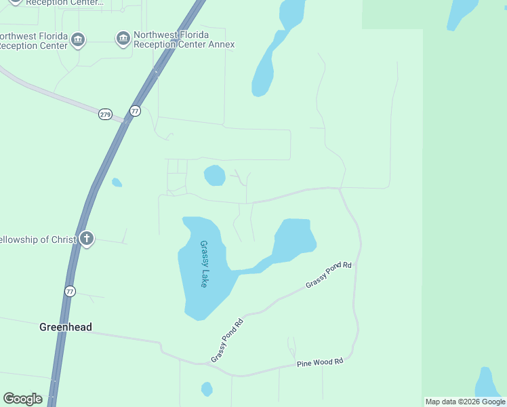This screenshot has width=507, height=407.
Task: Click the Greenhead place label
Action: click(x=65, y=327)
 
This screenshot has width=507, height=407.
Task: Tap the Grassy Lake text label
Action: click(x=203, y=264)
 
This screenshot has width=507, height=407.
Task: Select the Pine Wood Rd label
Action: click(x=320, y=363)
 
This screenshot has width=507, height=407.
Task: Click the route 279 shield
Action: click(x=105, y=114)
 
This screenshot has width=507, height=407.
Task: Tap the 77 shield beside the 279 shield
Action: click(x=135, y=111)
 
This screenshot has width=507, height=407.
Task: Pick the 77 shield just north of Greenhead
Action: click(x=70, y=291)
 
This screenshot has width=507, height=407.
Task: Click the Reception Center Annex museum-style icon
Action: click(x=123, y=39)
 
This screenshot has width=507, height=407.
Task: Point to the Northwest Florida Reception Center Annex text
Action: click(x=184, y=39)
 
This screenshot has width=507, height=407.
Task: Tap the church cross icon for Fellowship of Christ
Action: click(x=86, y=239)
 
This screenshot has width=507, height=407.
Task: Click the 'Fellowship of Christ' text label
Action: click(x=37, y=239)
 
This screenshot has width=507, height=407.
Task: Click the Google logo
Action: click(x=22, y=399)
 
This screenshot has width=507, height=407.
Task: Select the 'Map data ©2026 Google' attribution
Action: click(x=465, y=402)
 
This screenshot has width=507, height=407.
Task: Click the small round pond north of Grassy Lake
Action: click(x=214, y=175)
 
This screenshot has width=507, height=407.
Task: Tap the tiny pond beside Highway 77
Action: click(x=117, y=182)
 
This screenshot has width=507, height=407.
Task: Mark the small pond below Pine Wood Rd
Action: click(x=207, y=389)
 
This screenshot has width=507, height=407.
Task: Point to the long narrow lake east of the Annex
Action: click(x=265, y=68)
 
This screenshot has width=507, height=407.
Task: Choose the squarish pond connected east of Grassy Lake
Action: click(x=294, y=237)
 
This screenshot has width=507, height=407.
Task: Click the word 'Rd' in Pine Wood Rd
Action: click(x=338, y=362)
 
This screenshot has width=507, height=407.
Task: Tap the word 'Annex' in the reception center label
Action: click(x=221, y=45)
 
